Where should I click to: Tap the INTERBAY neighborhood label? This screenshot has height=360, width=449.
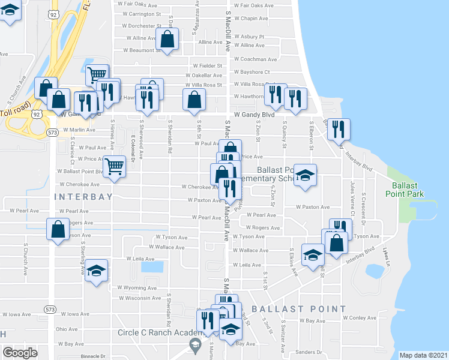[83, 197]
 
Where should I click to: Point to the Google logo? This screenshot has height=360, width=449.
[20, 353]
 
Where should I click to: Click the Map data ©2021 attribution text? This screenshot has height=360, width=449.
[423, 355]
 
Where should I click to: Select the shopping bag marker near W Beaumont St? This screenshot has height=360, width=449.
[167, 40]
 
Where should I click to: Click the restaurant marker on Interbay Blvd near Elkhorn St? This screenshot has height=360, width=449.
[339, 128]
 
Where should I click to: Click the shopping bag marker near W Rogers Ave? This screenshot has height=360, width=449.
[57, 230]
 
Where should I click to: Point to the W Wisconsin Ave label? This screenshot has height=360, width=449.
[139, 298]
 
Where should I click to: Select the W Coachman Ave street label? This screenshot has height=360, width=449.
[255, 59]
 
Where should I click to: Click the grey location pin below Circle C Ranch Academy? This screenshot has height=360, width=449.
[194, 345]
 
